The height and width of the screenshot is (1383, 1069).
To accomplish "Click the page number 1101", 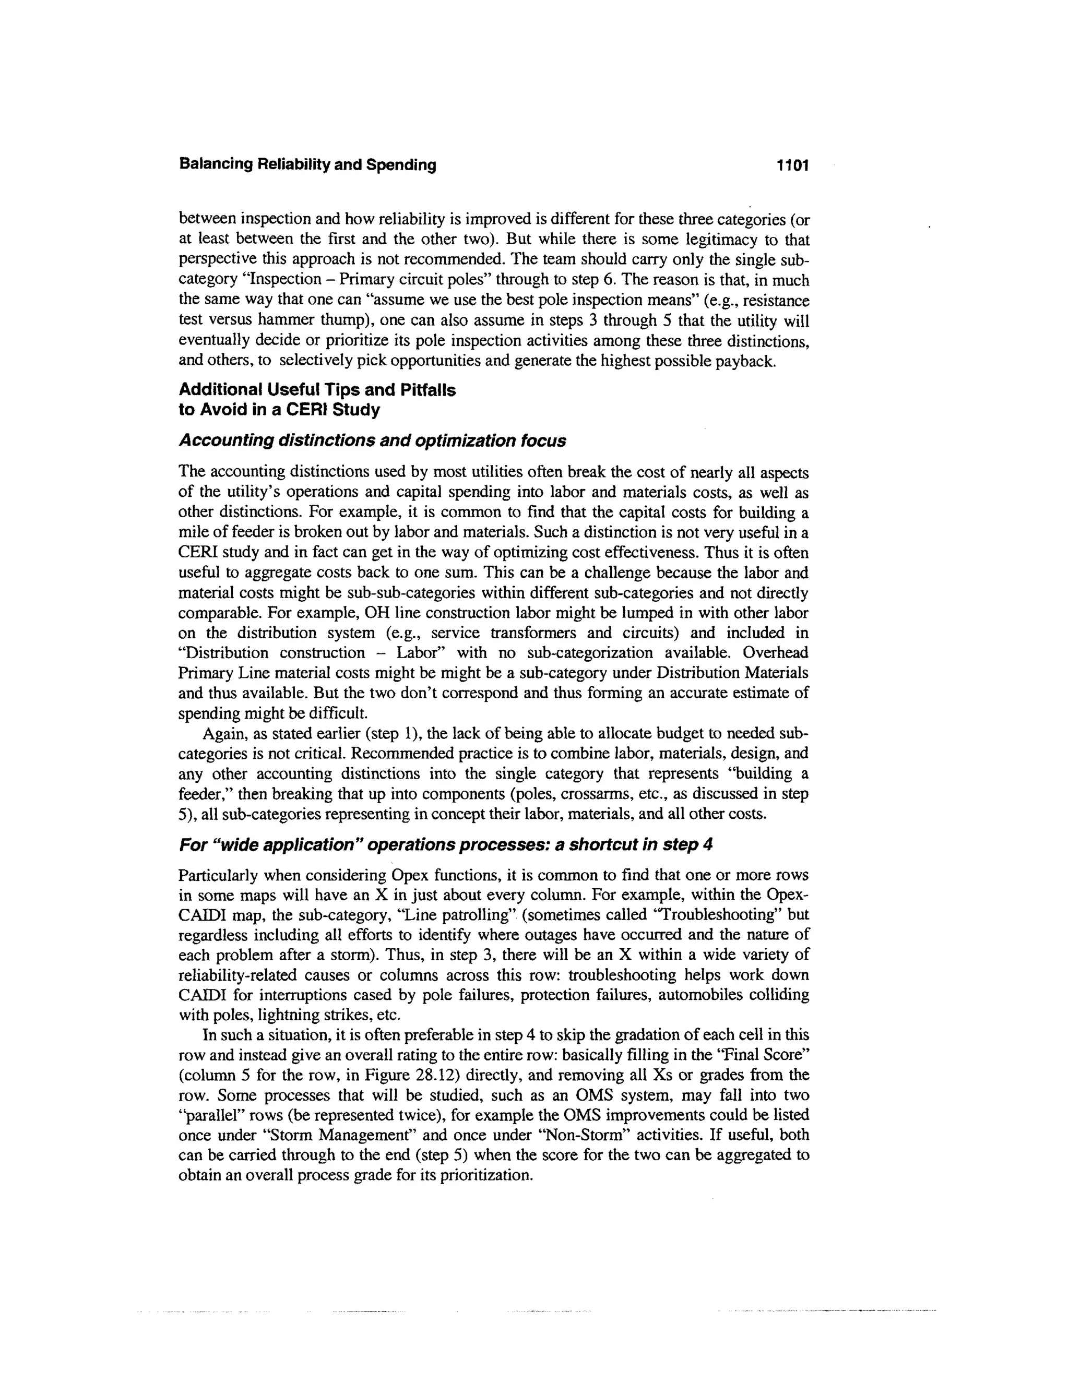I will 793,165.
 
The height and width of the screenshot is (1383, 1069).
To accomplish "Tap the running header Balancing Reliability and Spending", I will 308,165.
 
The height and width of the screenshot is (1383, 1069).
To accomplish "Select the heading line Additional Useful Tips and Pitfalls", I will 317,389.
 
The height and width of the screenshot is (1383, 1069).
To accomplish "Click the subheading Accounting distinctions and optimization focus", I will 372,441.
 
